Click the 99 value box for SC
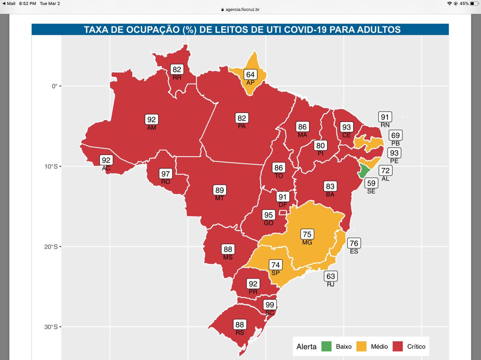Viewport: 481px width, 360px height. pos(270,305)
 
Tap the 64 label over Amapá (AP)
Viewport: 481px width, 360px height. pos(251,75)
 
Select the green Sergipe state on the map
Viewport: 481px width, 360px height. pos(364,172)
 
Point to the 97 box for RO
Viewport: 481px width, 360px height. pos(166,174)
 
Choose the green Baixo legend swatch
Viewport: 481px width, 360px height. pos(327,346)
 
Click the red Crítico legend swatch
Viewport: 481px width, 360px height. pos(398,346)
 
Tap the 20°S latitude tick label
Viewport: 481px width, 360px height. pos(51,247)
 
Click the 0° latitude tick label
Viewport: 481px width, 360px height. pos(54,86)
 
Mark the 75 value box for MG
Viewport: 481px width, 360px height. pos(307,235)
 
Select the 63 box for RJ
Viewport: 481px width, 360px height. pos(331,276)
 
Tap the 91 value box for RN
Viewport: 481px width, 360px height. pos(385,117)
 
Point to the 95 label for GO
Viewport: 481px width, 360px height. pos(269,215)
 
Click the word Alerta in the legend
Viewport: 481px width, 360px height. pos(306,346)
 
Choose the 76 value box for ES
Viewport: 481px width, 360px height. pos(354,243)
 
